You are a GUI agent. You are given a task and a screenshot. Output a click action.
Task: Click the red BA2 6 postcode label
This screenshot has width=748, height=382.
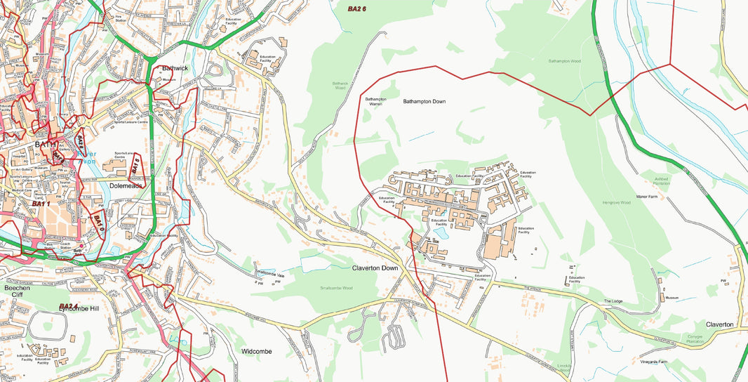point(357,8)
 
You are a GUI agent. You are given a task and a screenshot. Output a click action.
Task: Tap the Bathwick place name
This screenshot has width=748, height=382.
point(175,68)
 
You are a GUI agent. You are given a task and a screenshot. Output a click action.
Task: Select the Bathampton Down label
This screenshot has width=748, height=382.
point(424,102)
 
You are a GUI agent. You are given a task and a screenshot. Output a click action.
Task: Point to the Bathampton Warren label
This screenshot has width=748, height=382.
point(376,102)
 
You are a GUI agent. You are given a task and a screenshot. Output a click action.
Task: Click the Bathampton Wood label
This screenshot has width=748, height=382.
point(564,61)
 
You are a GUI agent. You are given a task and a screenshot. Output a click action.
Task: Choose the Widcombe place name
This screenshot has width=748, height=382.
point(256,350)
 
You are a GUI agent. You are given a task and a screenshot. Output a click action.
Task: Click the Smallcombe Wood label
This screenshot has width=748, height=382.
point(336,288)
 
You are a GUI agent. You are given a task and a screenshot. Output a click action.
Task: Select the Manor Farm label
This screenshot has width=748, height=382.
point(646,197)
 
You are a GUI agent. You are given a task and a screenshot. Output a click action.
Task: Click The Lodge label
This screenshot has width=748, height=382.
point(613,301)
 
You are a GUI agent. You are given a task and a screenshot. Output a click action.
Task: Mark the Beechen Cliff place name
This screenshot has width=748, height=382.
point(17,291)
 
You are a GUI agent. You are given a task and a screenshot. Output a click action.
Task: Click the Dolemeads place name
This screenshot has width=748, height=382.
point(125,186)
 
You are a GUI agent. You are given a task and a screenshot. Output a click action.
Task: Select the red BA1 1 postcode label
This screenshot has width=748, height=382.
point(41,204)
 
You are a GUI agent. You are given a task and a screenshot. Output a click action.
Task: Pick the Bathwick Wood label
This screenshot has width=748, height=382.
point(340,86)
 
